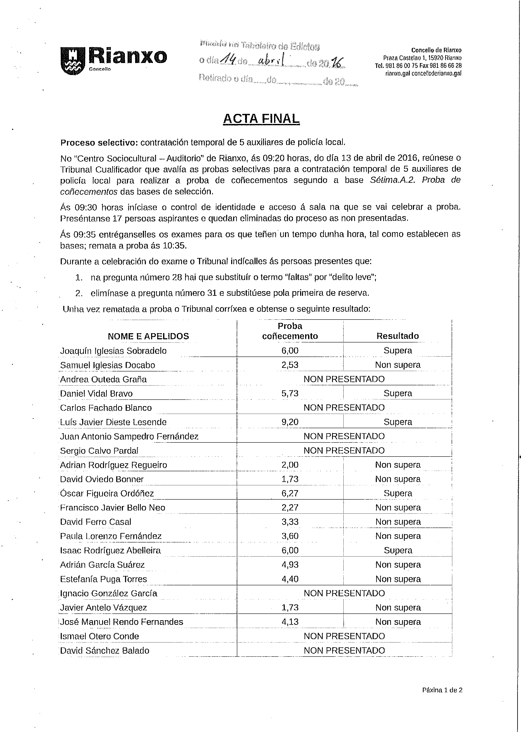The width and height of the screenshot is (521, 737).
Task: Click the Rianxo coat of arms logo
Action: [x=73, y=61]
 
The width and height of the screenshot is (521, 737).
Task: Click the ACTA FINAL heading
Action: [x=261, y=119]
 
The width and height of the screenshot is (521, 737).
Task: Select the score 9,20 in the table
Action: [x=290, y=422]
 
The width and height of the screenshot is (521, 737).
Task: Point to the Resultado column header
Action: [x=397, y=336]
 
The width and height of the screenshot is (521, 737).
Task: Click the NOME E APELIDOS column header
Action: [x=148, y=336]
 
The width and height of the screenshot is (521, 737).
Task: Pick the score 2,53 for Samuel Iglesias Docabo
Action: [x=290, y=365]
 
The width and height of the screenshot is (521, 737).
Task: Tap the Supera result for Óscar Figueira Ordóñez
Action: [x=398, y=493]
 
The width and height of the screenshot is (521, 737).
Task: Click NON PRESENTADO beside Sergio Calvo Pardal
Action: [x=344, y=450]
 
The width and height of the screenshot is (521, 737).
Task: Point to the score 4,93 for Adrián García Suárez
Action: [x=290, y=565]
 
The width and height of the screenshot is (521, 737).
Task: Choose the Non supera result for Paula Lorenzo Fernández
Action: [x=398, y=536]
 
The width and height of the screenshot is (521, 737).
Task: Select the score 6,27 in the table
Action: [x=290, y=493]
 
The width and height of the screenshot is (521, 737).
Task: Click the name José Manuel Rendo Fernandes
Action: [x=122, y=622]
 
